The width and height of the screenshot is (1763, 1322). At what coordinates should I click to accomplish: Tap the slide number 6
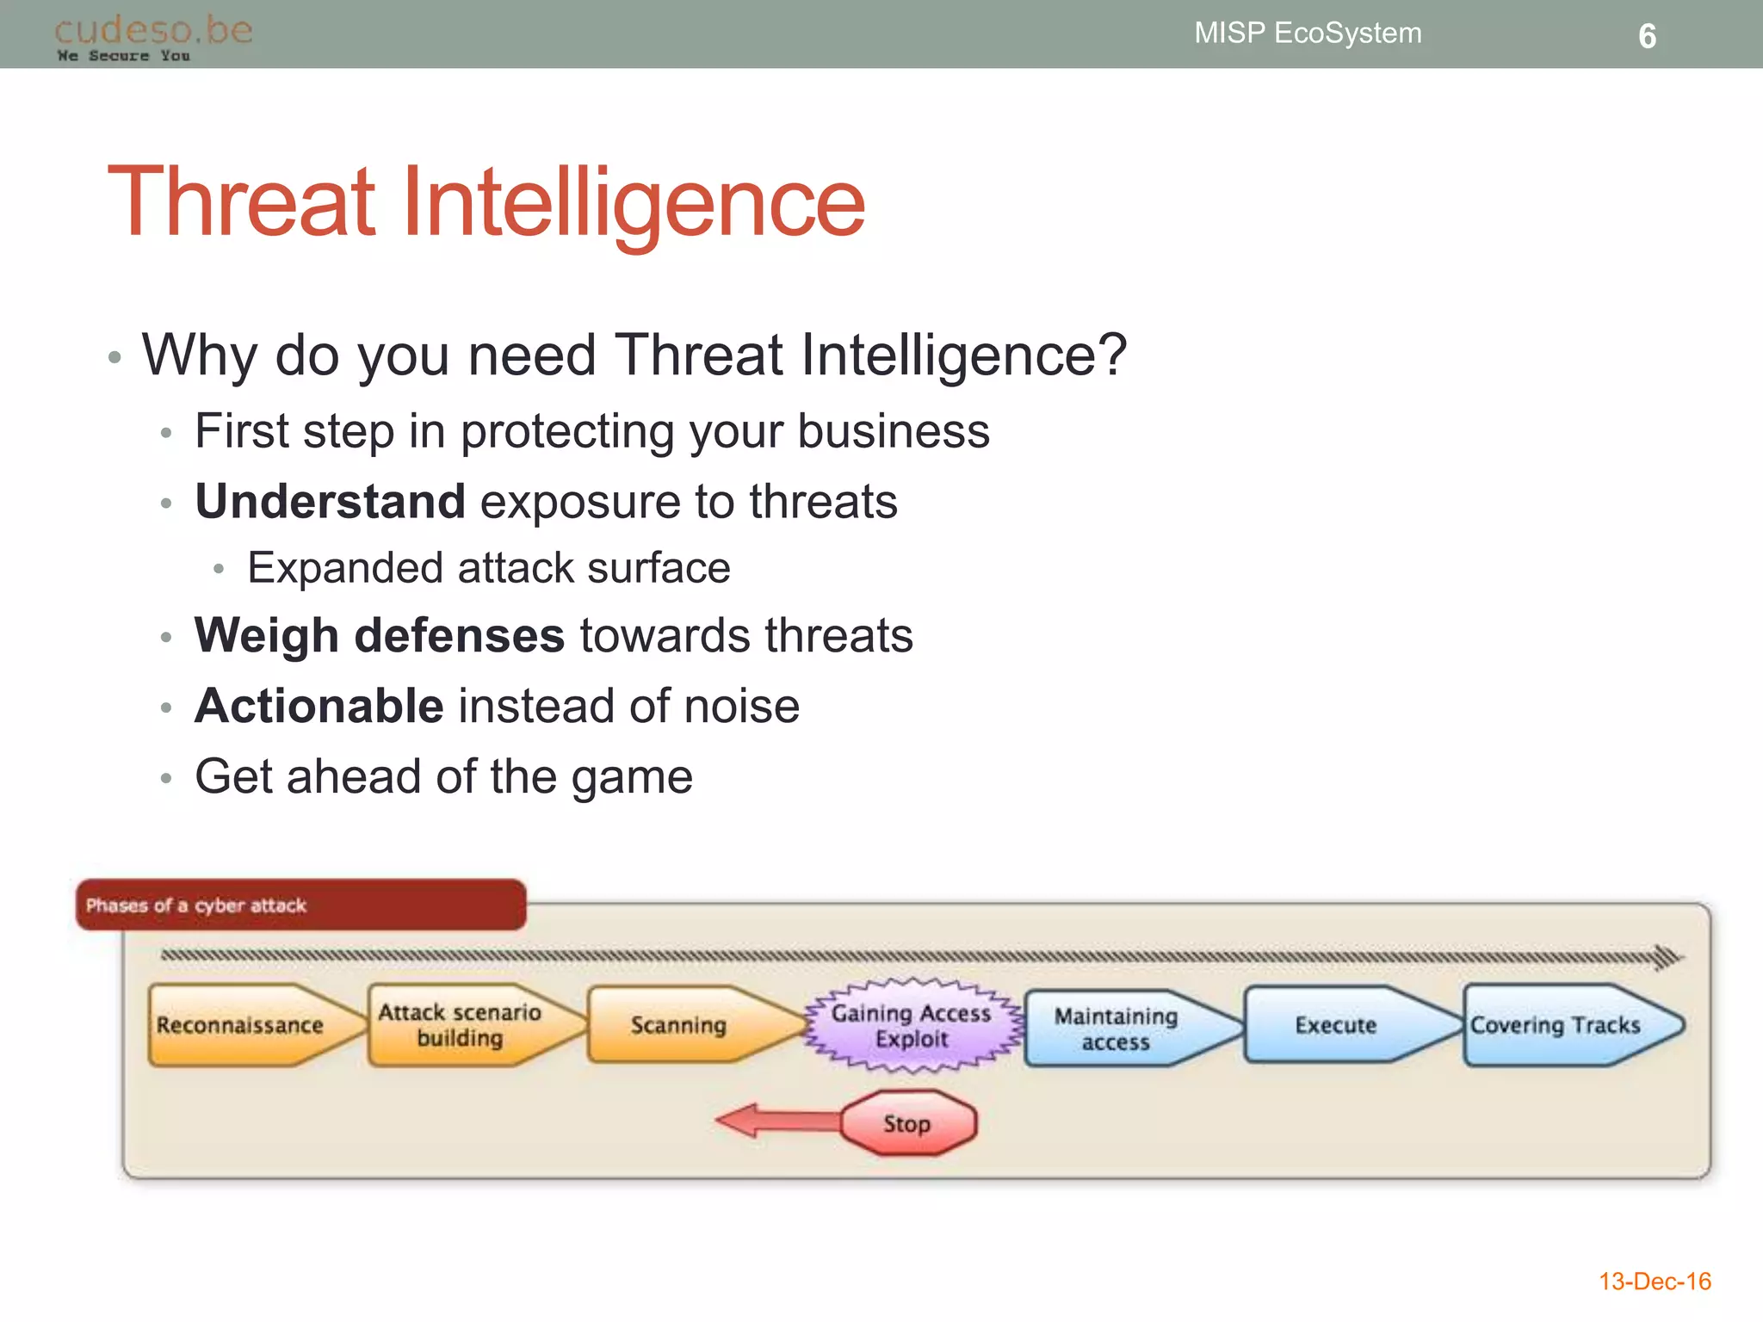click(x=1646, y=36)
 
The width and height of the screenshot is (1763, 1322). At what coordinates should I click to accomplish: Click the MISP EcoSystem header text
click(x=1307, y=34)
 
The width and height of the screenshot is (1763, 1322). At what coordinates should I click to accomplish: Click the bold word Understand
click(x=331, y=502)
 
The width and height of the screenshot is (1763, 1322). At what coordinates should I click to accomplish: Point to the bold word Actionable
click(x=319, y=707)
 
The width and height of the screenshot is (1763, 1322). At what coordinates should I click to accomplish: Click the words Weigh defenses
click(x=380, y=636)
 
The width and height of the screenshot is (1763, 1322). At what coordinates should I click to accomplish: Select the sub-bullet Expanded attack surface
click(x=488, y=569)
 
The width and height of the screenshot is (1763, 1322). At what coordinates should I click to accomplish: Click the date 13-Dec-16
click(x=1654, y=1282)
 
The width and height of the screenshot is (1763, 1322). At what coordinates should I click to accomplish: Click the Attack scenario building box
click(x=461, y=1025)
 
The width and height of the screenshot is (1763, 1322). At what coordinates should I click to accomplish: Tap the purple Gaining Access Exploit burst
click(x=912, y=1026)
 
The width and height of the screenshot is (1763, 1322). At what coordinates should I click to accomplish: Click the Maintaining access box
click(x=1117, y=1029)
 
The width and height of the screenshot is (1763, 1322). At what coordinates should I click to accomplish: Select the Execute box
click(x=1336, y=1025)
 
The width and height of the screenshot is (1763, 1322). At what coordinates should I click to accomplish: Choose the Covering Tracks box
click(x=1556, y=1025)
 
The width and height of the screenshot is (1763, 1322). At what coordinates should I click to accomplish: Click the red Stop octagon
click(x=907, y=1123)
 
